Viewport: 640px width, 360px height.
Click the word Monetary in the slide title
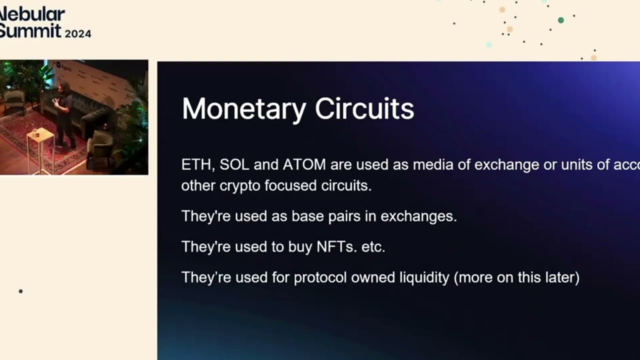(x=243, y=109)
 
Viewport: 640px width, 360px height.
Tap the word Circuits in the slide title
(x=364, y=109)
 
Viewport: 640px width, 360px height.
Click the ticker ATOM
(x=304, y=164)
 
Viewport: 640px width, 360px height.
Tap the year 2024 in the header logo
(x=77, y=34)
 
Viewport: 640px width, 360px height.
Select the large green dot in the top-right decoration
(x=560, y=20)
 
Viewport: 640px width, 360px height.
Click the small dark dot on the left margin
(x=20, y=291)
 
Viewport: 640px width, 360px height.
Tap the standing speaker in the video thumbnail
(x=64, y=115)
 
